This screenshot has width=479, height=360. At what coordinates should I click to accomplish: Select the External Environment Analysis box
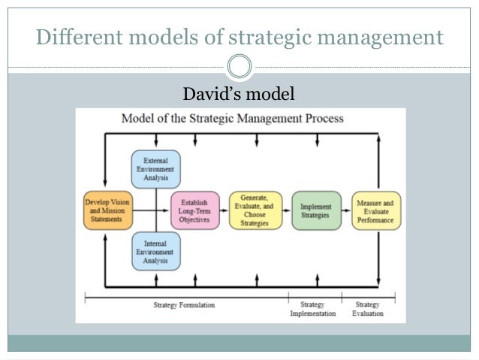156,169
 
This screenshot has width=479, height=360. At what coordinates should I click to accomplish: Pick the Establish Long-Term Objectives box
195,210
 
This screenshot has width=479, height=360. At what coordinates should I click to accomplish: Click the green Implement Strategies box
315,210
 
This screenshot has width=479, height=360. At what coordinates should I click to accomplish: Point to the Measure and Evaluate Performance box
377,210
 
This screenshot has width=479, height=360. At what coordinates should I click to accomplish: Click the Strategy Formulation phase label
185,304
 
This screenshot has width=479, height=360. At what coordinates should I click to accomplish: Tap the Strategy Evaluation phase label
368,309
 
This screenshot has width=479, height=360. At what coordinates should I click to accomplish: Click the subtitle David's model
239,94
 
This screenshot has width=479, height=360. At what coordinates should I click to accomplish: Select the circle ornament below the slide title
239,67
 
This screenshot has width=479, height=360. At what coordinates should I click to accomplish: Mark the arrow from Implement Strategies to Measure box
345,210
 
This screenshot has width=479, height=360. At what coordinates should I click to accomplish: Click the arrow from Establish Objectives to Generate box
224,210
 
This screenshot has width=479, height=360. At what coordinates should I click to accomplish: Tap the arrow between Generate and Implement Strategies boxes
285,210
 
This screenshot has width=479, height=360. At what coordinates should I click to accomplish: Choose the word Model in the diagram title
140,118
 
